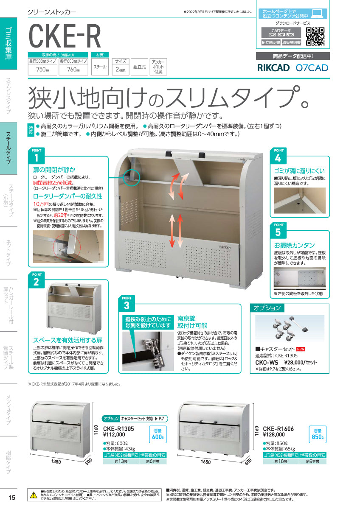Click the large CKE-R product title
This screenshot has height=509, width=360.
[65, 36]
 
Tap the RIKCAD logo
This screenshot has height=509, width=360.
[273, 67]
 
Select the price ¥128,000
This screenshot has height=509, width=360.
[275, 434]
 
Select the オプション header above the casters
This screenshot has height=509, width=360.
[267, 308]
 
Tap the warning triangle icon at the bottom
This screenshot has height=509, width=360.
[33, 495]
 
